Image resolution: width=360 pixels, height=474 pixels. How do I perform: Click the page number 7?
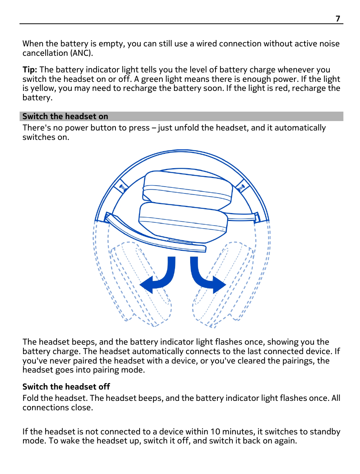point(338,18)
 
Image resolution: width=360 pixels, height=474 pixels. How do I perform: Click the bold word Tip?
point(29,70)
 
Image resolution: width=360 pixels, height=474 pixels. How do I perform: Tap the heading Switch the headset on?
point(65,117)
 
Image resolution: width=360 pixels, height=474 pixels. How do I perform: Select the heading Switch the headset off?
point(66,387)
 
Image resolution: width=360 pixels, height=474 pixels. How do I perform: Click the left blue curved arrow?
point(160,279)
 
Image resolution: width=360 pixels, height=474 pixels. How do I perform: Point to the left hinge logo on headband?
point(123,187)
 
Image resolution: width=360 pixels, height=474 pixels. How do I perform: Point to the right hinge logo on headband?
point(241,187)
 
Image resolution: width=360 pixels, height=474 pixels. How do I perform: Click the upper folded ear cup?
point(188,189)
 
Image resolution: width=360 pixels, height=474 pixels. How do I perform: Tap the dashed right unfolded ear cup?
point(223,283)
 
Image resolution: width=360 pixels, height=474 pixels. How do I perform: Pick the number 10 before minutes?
point(215,432)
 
